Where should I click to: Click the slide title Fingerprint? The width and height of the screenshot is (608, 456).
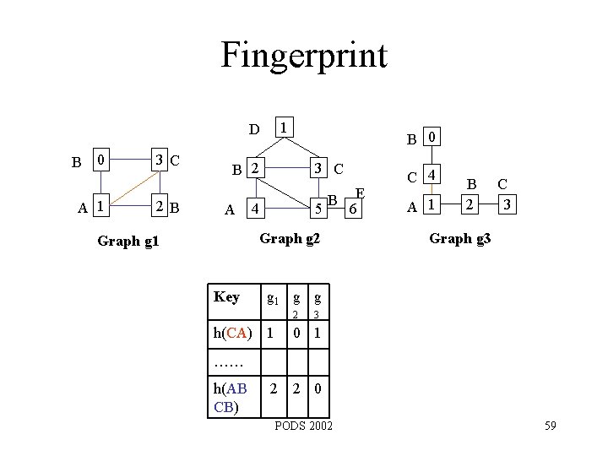click(303, 56)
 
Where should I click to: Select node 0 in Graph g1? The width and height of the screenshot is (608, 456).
click(100, 160)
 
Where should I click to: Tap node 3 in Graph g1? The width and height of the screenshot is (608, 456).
click(158, 160)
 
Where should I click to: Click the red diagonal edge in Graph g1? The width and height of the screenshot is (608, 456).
click(129, 182)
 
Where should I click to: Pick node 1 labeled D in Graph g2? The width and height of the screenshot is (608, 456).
click(286, 128)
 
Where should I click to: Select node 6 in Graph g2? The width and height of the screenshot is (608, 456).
click(356, 208)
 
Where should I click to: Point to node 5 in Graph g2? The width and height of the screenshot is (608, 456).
click(318, 208)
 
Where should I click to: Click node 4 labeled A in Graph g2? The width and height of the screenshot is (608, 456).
click(254, 208)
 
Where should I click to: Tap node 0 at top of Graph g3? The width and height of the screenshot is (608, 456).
click(431, 137)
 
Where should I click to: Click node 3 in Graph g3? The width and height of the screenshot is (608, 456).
click(506, 204)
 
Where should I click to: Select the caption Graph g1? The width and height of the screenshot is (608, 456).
click(128, 242)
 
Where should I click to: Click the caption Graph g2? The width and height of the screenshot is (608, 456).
click(290, 238)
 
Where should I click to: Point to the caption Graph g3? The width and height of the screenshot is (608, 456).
click(459, 238)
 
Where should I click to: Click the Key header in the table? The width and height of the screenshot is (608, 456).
click(226, 296)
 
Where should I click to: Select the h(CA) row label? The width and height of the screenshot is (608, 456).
click(231, 334)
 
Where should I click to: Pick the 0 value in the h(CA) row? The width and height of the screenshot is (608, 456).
click(296, 334)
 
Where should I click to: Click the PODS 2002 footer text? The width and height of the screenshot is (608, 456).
click(303, 425)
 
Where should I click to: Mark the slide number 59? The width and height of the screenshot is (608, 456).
click(550, 425)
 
